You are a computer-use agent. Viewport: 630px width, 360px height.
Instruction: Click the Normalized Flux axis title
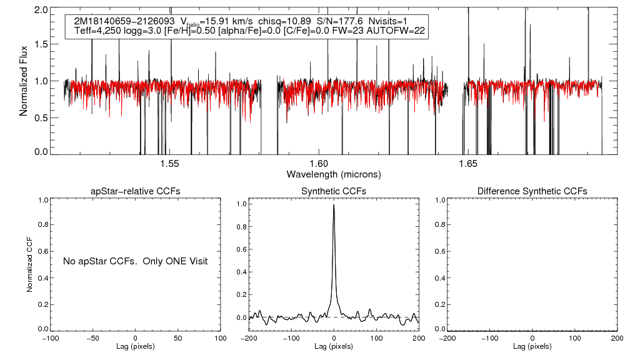pos(24,80)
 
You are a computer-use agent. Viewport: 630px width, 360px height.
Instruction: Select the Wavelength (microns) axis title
pos(334,174)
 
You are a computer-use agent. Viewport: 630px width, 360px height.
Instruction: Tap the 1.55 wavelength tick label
pos(169,164)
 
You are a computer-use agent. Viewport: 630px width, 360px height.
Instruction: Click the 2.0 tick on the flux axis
pos(41,11)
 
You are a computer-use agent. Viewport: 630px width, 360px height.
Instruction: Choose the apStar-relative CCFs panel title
pos(136,191)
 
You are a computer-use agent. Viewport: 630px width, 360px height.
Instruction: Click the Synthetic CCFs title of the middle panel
pos(334,191)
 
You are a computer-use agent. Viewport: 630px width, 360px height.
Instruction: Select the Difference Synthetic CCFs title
pos(532,191)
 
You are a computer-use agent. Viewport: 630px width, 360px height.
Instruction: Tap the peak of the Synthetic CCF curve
pos(334,205)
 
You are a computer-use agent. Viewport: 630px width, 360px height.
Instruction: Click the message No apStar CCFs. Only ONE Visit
pos(135,261)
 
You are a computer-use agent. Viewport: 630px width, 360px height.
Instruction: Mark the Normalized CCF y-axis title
pos(29,264)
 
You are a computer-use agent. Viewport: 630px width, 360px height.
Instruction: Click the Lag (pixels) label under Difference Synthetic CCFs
pos(532,346)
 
